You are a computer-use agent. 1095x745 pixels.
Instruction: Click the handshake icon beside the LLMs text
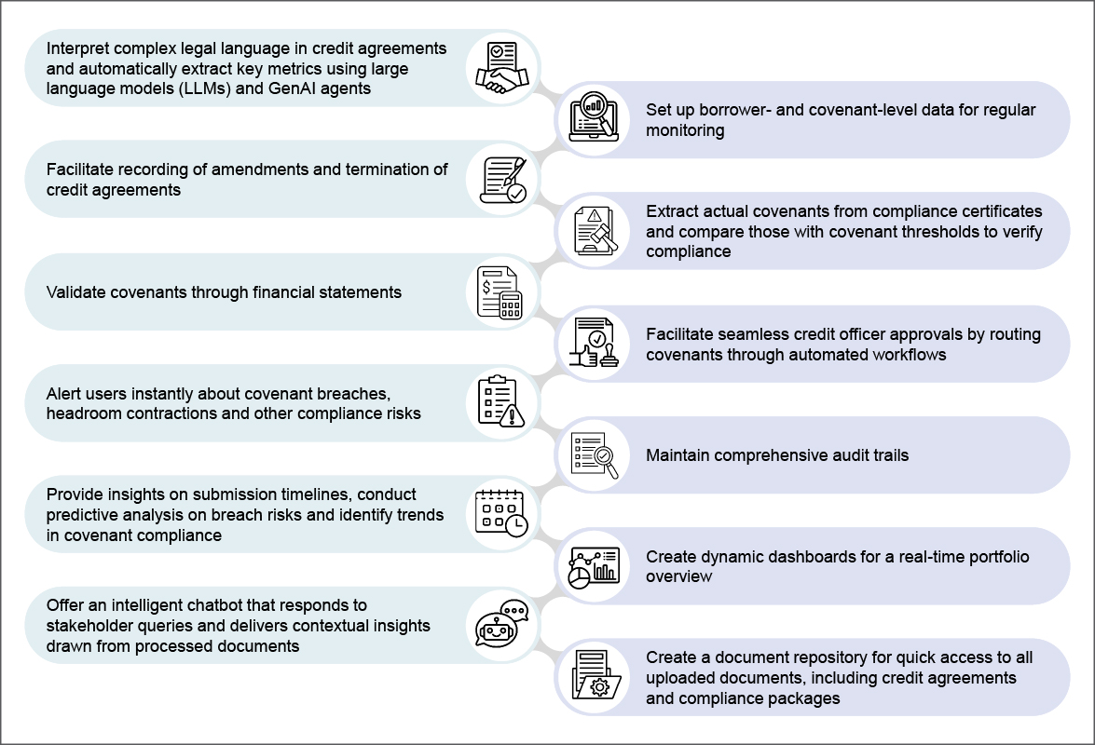[x=502, y=66]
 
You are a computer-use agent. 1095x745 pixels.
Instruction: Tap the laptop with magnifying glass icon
[x=594, y=118]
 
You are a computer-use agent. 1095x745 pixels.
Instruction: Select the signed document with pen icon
[x=502, y=178]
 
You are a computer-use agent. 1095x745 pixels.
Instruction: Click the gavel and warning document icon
[x=594, y=231]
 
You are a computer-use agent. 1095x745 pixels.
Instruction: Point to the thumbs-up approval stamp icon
[x=594, y=344]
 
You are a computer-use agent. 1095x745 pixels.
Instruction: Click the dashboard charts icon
[x=594, y=566]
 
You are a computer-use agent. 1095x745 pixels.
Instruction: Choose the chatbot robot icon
[x=500, y=625]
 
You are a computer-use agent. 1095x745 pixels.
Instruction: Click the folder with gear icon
[x=594, y=677]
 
